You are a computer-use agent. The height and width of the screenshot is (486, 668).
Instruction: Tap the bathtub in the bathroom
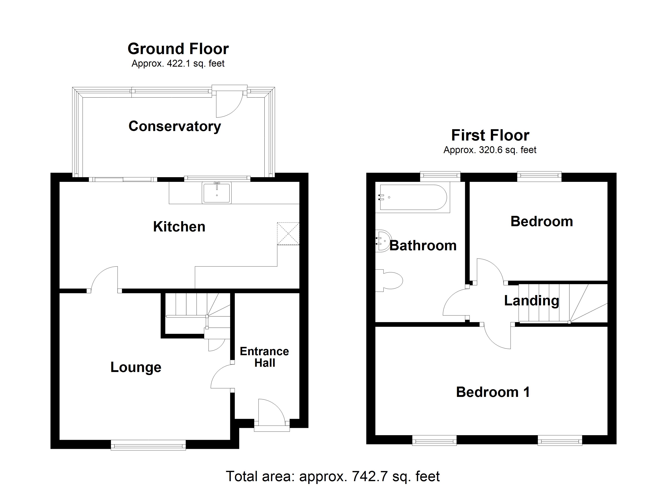point(414,197)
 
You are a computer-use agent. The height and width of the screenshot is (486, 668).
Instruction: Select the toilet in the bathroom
point(390,280)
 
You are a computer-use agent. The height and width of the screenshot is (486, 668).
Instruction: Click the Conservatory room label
point(175,126)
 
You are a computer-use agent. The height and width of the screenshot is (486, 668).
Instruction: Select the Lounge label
point(136,367)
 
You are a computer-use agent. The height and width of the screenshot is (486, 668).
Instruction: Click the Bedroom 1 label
point(493,392)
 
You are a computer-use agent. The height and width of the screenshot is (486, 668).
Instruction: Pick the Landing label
point(531,301)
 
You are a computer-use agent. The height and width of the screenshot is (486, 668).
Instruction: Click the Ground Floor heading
point(178,49)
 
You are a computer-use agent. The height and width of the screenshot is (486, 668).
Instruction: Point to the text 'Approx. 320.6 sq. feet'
point(490,150)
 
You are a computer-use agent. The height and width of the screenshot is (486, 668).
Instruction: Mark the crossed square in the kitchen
point(288,234)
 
